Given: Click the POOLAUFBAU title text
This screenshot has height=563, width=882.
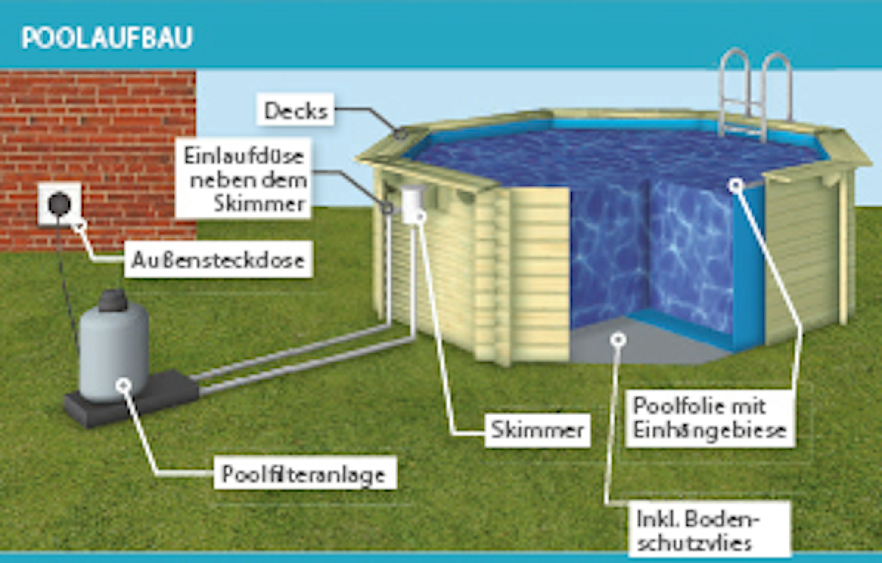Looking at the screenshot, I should [107, 38].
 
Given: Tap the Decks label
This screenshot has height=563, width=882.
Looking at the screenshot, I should [296, 111].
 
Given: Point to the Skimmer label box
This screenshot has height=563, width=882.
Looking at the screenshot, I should [537, 430].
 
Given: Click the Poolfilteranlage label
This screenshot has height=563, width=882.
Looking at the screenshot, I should [304, 474].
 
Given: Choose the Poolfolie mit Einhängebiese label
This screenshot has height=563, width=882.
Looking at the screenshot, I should [710, 418].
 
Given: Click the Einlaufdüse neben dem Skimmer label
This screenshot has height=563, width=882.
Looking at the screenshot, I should [244, 179].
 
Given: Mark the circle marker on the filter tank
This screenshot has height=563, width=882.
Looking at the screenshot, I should [124, 384].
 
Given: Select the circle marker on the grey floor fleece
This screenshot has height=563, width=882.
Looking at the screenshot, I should [618, 340].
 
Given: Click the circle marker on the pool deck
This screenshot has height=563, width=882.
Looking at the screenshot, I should [401, 134].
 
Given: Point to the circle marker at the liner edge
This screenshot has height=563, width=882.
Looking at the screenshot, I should [736, 185].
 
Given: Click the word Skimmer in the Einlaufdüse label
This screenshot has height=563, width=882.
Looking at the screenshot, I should [260, 204].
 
